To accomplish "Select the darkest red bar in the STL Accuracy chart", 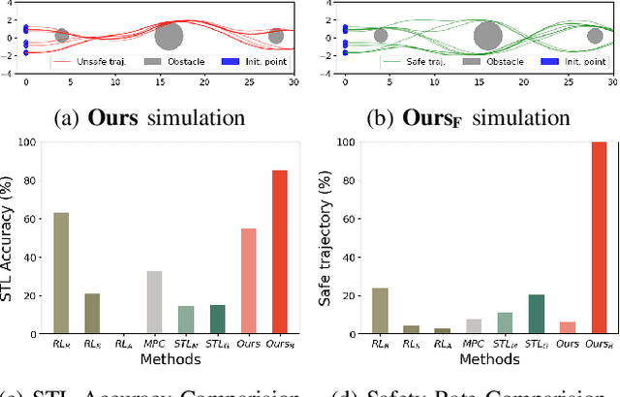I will point(279,252).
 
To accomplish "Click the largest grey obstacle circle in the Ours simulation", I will point(169,37).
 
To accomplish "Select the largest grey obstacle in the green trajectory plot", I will point(487,37).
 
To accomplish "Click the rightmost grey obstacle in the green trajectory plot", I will point(595,36).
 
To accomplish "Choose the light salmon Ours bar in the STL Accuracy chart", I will point(248,281).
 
